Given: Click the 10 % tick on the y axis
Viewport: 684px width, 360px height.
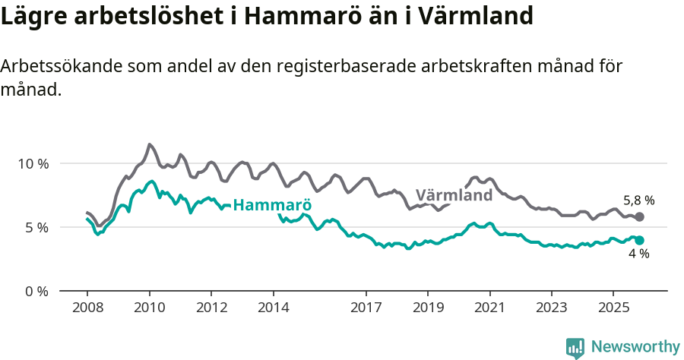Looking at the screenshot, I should pyautogui.click(x=33, y=163).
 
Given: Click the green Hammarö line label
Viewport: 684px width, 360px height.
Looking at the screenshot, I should pyautogui.click(x=272, y=205).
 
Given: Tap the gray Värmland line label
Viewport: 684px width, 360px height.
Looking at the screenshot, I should pyautogui.click(x=454, y=195).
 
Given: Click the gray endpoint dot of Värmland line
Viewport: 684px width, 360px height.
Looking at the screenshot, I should pyautogui.click(x=639, y=217).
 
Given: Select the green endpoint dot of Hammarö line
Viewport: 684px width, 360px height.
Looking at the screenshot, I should pyautogui.click(x=639, y=240).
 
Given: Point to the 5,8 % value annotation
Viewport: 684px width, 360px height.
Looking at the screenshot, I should pyautogui.click(x=638, y=201).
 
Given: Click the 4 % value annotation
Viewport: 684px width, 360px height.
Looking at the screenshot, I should pyautogui.click(x=638, y=254).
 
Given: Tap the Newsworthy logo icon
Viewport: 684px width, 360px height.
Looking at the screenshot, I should pyautogui.click(x=575, y=348).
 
